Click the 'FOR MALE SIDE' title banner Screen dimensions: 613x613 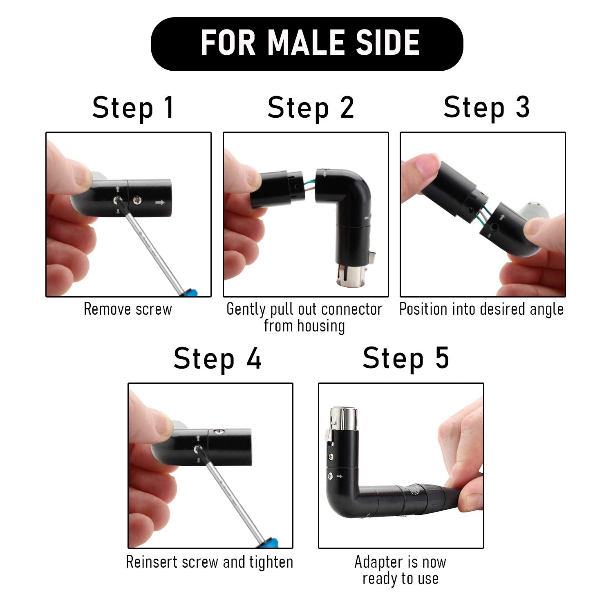click(306, 43)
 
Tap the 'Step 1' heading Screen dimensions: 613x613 click(133, 107)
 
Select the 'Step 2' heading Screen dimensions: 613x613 click(311, 107)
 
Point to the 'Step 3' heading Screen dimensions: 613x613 click(486, 107)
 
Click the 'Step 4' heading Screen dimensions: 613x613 click(217, 358)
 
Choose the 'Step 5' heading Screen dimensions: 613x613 click(406, 358)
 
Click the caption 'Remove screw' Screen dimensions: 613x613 click(128, 309)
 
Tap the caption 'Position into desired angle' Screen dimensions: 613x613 click(481, 309)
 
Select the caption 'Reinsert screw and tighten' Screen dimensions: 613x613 click(209, 562)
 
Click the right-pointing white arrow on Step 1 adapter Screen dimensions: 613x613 click(160, 202)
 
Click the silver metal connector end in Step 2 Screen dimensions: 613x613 click(347, 278)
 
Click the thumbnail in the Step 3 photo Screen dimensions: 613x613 click(421, 166)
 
